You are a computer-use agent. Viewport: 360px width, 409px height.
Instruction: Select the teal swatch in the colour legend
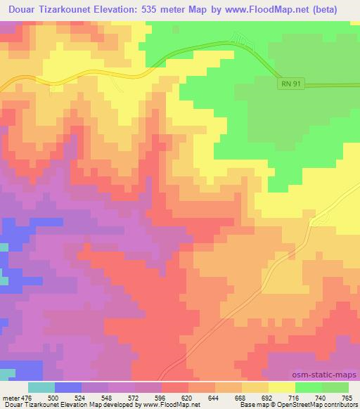click(41, 387)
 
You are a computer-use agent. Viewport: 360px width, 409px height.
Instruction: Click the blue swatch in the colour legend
click(68, 387)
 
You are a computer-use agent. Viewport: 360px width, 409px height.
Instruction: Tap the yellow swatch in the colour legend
click(281, 387)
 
